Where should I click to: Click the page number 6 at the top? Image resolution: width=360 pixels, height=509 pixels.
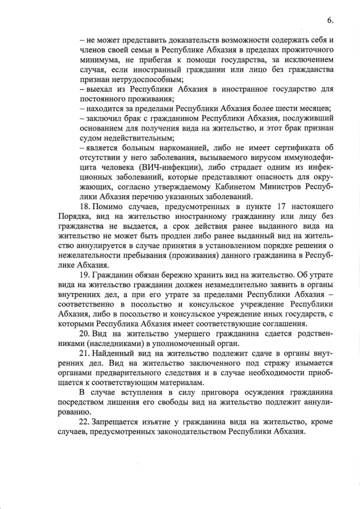(x=330, y=20)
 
